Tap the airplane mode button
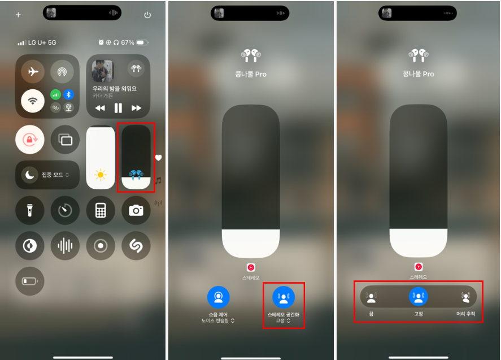tap(33, 72)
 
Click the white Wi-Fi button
tap(33, 101)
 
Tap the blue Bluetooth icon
tap(68, 94)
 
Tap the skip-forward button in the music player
tap(136, 108)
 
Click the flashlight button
tap(30, 210)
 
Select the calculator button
tap(101, 210)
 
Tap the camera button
tap(136, 210)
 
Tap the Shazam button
tap(136, 245)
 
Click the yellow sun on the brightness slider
tap(101, 175)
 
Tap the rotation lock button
tap(30, 140)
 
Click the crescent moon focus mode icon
tap(30, 175)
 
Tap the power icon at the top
tap(147, 15)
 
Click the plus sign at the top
tap(18, 15)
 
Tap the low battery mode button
tap(30, 281)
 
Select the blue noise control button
tap(219, 297)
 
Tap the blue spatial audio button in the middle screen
tap(284, 297)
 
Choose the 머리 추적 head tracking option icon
tap(465, 297)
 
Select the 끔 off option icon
tap(371, 297)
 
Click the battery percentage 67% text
tap(128, 42)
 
